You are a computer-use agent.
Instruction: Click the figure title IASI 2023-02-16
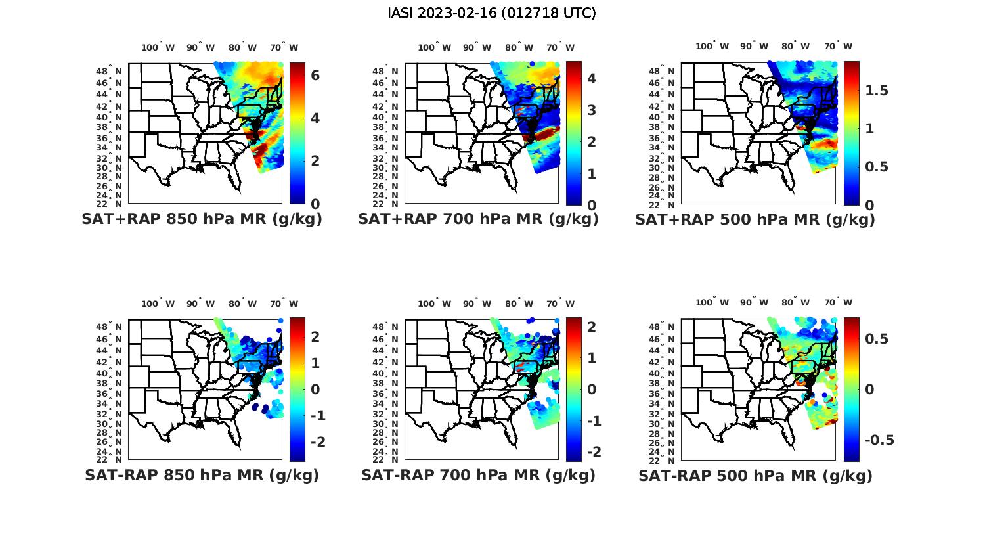point(492,13)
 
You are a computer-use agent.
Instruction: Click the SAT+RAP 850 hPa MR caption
point(202,219)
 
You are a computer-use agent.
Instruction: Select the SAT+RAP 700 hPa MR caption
point(478,219)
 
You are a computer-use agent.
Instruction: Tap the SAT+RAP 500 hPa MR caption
point(755,219)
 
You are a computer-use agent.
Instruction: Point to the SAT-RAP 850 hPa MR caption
point(202,475)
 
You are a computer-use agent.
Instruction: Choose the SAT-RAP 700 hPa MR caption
point(478,475)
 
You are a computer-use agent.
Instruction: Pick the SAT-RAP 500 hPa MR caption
point(755,475)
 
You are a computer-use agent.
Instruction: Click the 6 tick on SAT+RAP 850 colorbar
point(315,76)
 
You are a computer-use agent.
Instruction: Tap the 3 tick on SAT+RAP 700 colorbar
point(591,110)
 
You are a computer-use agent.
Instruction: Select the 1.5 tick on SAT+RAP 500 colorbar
point(876,91)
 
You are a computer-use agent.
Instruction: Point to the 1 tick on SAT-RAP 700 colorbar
point(591,357)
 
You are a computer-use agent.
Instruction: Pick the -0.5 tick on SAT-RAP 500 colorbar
point(879,440)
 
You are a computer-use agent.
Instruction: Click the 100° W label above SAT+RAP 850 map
point(158,47)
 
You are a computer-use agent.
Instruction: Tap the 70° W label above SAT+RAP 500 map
point(839,46)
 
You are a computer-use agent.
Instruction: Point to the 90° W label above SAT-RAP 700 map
point(477,304)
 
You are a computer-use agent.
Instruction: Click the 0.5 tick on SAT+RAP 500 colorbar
point(876,166)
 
